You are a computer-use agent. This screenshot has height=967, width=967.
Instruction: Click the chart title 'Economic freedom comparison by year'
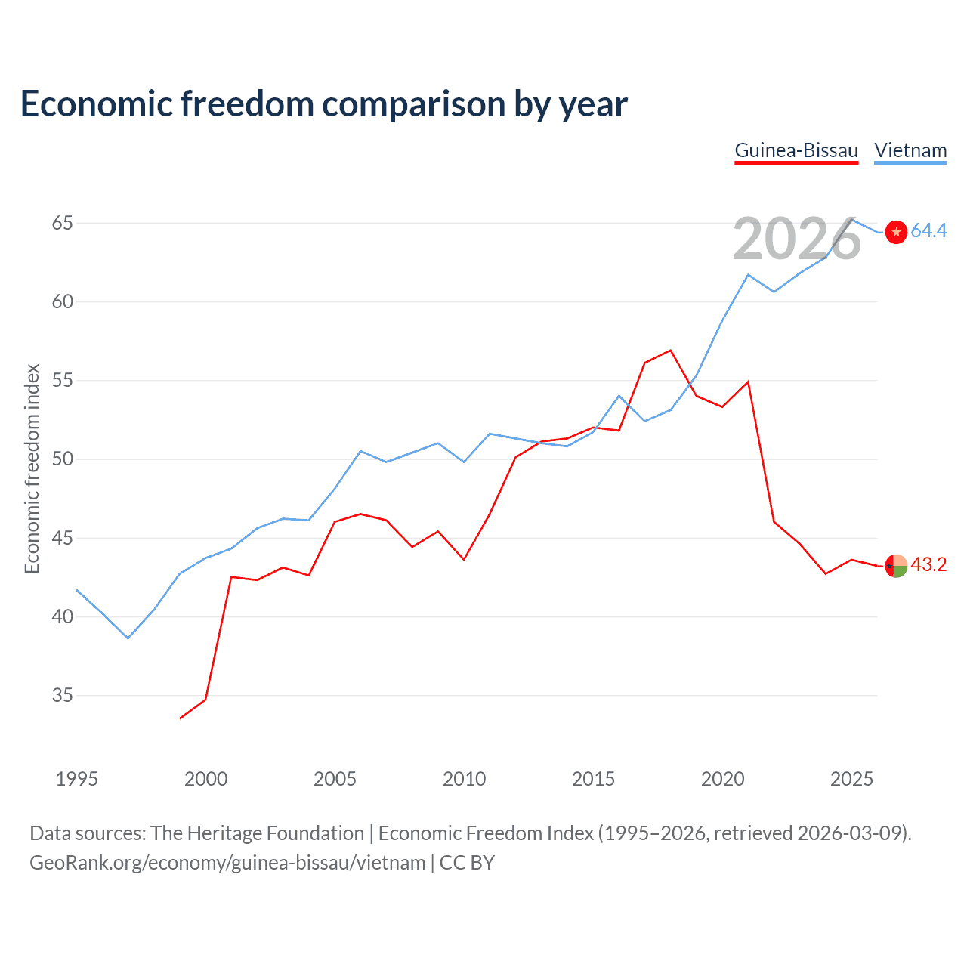pos(323,104)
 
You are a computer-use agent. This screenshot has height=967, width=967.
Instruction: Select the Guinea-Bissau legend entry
pos(796,150)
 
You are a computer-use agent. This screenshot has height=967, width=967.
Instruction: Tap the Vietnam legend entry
pos(910,150)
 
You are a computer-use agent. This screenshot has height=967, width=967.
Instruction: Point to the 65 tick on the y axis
pos(63,224)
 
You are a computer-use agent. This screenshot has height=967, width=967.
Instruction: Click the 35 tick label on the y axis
pos(63,696)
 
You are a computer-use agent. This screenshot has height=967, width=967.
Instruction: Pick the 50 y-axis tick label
pos(63,459)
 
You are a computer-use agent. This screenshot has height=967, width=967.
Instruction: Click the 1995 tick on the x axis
pos(77,779)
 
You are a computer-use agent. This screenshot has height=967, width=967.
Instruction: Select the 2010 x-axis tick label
pos(464,779)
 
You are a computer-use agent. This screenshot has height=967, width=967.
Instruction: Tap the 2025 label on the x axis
pos(851,779)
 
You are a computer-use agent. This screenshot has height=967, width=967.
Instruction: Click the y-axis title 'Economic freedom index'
pos(32,468)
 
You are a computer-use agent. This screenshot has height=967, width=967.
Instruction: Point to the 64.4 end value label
pos(928,231)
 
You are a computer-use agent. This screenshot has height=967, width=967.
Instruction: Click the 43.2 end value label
pos(928,565)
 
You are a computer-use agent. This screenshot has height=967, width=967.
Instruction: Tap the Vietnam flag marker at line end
pos(896,232)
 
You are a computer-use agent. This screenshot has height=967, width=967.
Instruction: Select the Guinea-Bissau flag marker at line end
pos(896,566)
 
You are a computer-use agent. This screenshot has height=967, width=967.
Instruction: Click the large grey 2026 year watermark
pos(797,239)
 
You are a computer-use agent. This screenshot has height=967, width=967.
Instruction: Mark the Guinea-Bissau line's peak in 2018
pos(670,351)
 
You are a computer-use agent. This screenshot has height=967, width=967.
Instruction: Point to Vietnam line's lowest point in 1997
pos(128,638)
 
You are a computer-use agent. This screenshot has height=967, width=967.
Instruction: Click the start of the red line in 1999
pos(181,718)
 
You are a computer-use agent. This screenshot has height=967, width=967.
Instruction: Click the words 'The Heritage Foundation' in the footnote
pos(258,833)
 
